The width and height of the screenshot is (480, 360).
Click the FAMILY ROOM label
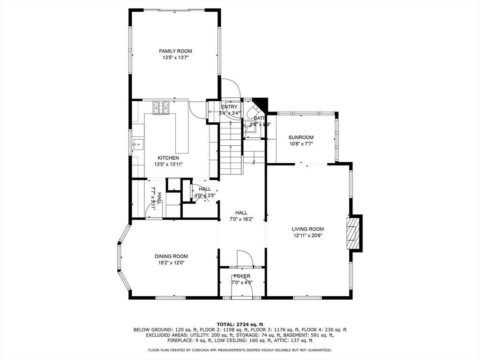(175, 51)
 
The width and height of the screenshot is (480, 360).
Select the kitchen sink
(137, 143)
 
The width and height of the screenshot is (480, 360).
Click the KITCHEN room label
(168, 158)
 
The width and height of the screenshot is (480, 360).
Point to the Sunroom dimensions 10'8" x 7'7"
(300, 144)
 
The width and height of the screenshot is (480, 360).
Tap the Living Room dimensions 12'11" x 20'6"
(307, 236)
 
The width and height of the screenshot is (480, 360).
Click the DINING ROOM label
(171, 256)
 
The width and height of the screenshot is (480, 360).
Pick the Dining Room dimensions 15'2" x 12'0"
(171, 263)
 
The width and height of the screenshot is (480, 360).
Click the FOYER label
(242, 276)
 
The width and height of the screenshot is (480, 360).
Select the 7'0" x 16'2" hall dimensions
(241, 219)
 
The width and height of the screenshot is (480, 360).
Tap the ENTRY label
(229, 107)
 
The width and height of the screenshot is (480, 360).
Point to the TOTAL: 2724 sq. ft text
(240, 324)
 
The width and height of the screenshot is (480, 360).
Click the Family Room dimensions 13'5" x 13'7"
(175, 58)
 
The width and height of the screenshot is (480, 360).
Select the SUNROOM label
(300, 137)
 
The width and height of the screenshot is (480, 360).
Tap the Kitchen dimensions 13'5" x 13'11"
(168, 165)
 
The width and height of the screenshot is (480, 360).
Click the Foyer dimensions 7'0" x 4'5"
(242, 283)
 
